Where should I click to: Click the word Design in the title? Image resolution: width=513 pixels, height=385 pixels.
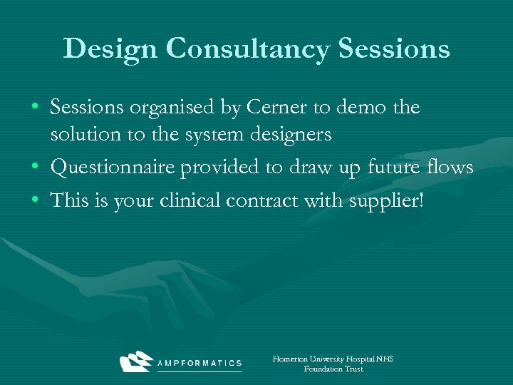(110, 49)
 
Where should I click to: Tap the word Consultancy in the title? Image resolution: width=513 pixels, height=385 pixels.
(248, 49)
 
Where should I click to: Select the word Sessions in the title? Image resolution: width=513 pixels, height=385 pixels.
(395, 49)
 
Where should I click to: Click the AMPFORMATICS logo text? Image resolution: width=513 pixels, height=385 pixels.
(199, 363)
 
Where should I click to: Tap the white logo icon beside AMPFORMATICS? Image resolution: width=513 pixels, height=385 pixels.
(136, 361)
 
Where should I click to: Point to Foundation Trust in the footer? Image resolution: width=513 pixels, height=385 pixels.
(333, 369)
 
